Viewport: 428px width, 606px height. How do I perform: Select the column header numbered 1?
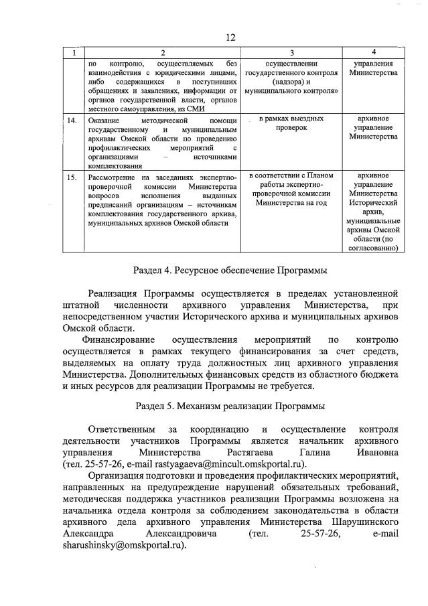pos(74,52)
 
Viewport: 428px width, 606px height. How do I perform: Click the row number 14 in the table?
pos(74,119)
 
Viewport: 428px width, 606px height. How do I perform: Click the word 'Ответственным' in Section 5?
pos(121,429)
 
